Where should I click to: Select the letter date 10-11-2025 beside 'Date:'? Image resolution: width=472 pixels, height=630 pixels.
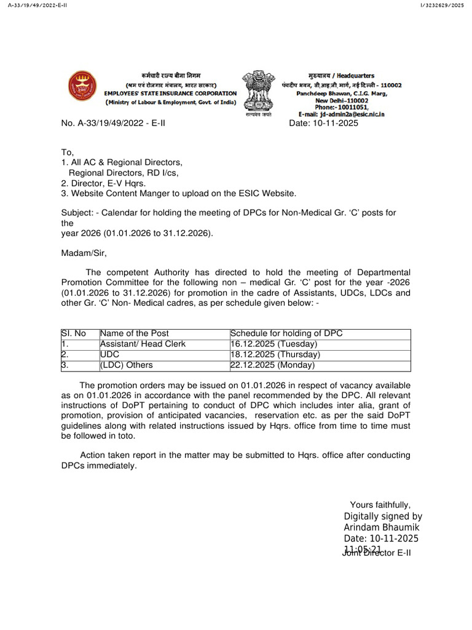click(336, 124)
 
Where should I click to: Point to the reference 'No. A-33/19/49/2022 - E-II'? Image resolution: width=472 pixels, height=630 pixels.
click(114, 124)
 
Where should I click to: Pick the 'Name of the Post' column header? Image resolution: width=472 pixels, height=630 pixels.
click(135, 333)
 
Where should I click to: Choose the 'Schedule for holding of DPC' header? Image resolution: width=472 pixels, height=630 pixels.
click(286, 333)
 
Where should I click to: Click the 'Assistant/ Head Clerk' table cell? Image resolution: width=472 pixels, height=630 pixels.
click(143, 344)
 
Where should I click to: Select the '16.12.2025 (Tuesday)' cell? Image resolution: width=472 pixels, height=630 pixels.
click(273, 344)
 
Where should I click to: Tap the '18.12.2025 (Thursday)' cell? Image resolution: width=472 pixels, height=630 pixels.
click(275, 354)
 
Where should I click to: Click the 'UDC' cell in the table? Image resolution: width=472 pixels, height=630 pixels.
click(109, 354)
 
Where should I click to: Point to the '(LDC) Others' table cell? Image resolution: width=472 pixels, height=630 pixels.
click(126, 365)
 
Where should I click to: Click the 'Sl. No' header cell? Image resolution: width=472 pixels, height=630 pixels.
click(74, 333)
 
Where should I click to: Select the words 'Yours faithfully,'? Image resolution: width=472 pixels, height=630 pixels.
click(380, 504)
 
